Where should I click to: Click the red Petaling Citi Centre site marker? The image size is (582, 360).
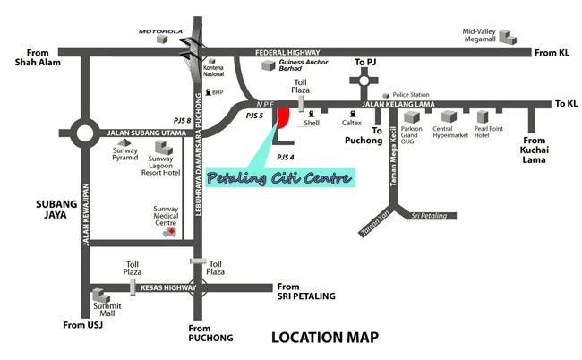(x=282, y=117)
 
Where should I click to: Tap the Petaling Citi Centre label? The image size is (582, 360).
(x=279, y=177)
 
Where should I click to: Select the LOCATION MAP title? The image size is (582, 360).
(x=325, y=338)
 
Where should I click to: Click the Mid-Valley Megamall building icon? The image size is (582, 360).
(x=508, y=38)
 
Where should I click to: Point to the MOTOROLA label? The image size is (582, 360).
(x=160, y=30)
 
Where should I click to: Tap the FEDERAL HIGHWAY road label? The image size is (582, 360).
(x=287, y=52)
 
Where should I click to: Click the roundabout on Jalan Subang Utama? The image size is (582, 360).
(x=86, y=134)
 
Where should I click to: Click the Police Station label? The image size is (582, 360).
(x=412, y=94)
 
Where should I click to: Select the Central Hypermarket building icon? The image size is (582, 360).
(x=446, y=116)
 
